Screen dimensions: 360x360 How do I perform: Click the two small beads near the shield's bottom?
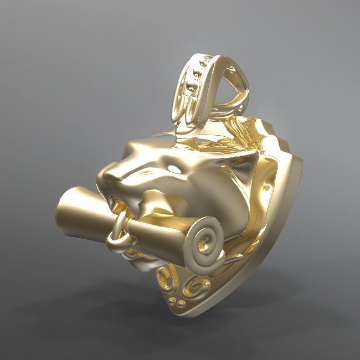coord(179,302)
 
